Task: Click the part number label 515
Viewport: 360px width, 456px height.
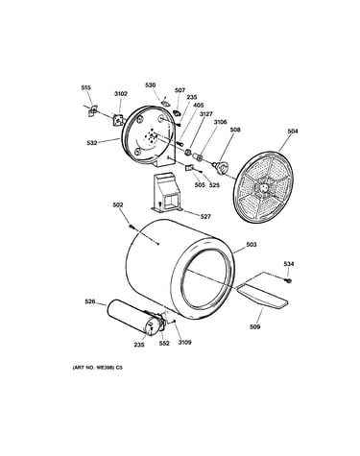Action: pyautogui.click(x=85, y=87)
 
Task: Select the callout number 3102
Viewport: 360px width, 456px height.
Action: pyautogui.click(x=121, y=94)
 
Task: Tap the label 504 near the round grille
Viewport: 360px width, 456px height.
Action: pyautogui.click(x=293, y=132)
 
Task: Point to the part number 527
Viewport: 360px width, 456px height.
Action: pyautogui.click(x=205, y=217)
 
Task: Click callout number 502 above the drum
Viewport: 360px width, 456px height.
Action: pyautogui.click(x=118, y=204)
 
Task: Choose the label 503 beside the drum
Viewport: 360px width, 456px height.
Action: pyautogui.click(x=252, y=245)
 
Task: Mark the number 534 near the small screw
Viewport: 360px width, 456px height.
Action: pyautogui.click(x=289, y=264)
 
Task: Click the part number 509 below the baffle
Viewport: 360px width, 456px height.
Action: pyautogui.click(x=255, y=326)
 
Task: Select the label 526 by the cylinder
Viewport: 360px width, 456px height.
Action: pyautogui.click(x=90, y=301)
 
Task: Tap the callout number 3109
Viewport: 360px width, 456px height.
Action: pyautogui.click(x=184, y=342)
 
